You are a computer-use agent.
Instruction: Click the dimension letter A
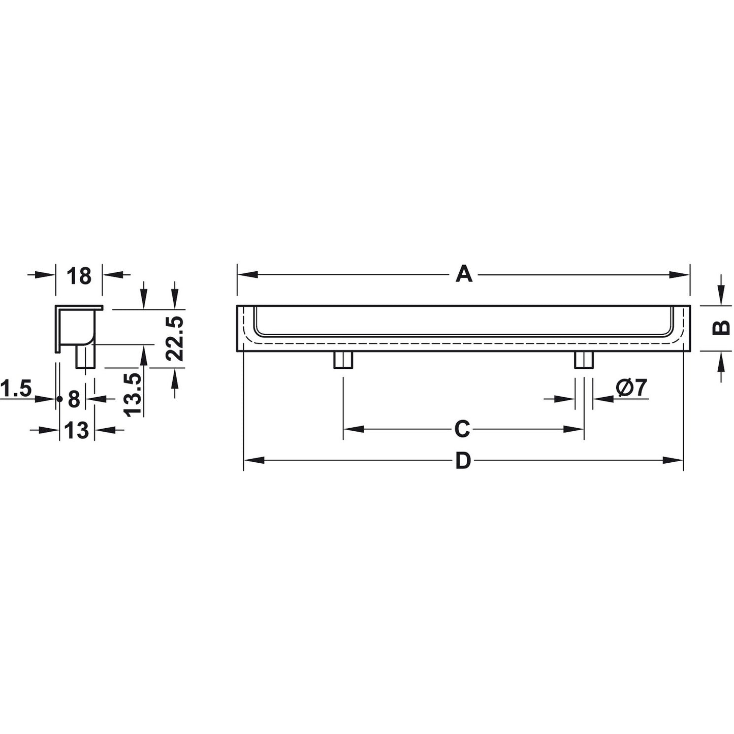click(464, 275)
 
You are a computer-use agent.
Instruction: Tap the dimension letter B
click(721, 327)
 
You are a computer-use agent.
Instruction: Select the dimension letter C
click(463, 429)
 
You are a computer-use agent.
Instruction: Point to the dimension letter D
click(463, 461)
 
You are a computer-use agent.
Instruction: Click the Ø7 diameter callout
click(631, 388)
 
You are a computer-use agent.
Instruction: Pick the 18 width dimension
click(79, 276)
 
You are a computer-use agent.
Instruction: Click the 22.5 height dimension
click(175, 337)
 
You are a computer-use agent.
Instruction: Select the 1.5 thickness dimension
click(15, 389)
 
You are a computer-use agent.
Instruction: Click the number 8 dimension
click(74, 399)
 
